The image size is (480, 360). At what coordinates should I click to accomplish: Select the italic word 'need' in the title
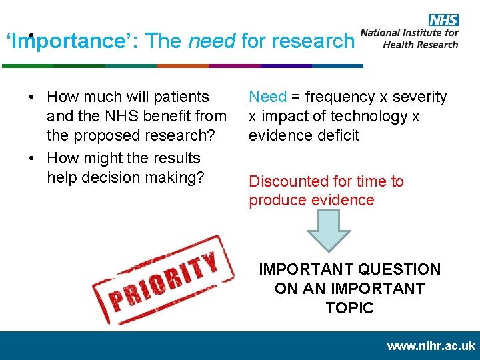coord(211,41)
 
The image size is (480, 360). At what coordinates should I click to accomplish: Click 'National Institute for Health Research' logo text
coord(409,39)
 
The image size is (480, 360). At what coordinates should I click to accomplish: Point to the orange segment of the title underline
coord(182,66)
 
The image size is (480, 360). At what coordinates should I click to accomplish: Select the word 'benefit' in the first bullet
coord(159,117)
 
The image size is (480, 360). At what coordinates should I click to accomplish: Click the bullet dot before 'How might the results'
coord(33,159)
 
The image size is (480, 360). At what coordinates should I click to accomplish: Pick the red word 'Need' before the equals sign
coord(267,97)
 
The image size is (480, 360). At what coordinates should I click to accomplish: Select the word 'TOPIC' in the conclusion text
coord(349,308)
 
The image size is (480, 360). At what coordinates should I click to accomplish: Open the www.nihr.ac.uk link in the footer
coord(431,347)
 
